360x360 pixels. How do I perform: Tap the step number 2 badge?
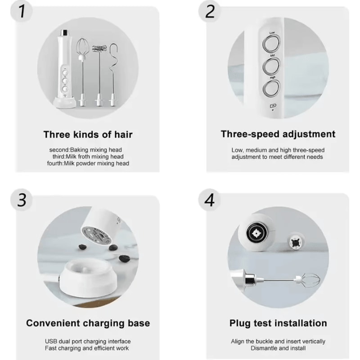point(210,12)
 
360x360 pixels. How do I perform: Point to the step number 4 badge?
point(210,200)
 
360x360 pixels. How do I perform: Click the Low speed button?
point(272,45)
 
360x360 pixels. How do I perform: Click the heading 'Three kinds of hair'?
point(88,134)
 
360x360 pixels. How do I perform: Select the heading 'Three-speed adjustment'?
point(278,134)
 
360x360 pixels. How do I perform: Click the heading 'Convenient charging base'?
point(88,323)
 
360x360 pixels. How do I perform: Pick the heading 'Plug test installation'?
point(278,323)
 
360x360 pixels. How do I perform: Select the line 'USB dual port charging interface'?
point(88,342)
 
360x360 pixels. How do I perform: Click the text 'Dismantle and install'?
point(278,348)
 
